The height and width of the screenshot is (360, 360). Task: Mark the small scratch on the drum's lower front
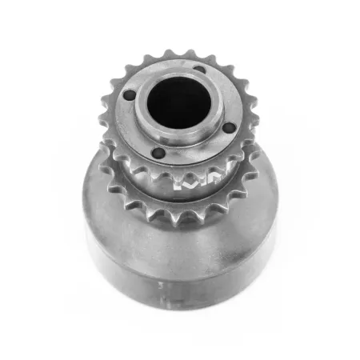(x=163, y=283)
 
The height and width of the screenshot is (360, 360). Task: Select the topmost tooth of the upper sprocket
(x=170, y=54)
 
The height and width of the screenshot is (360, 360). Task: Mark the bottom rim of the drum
(x=184, y=304)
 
